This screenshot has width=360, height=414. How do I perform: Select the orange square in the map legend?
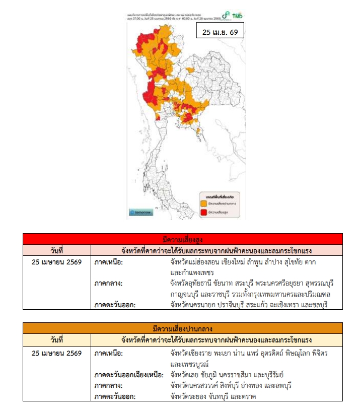[x=204, y=203]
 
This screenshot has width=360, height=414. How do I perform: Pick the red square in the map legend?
[x=204, y=213]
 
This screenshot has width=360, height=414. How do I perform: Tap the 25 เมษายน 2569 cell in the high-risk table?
[x=56, y=262]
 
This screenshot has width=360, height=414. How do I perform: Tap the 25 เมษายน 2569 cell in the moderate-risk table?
[x=56, y=353]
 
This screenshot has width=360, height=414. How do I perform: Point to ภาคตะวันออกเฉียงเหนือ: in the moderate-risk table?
[x=129, y=375]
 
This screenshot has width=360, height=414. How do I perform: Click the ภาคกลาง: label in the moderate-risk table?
[x=108, y=385]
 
